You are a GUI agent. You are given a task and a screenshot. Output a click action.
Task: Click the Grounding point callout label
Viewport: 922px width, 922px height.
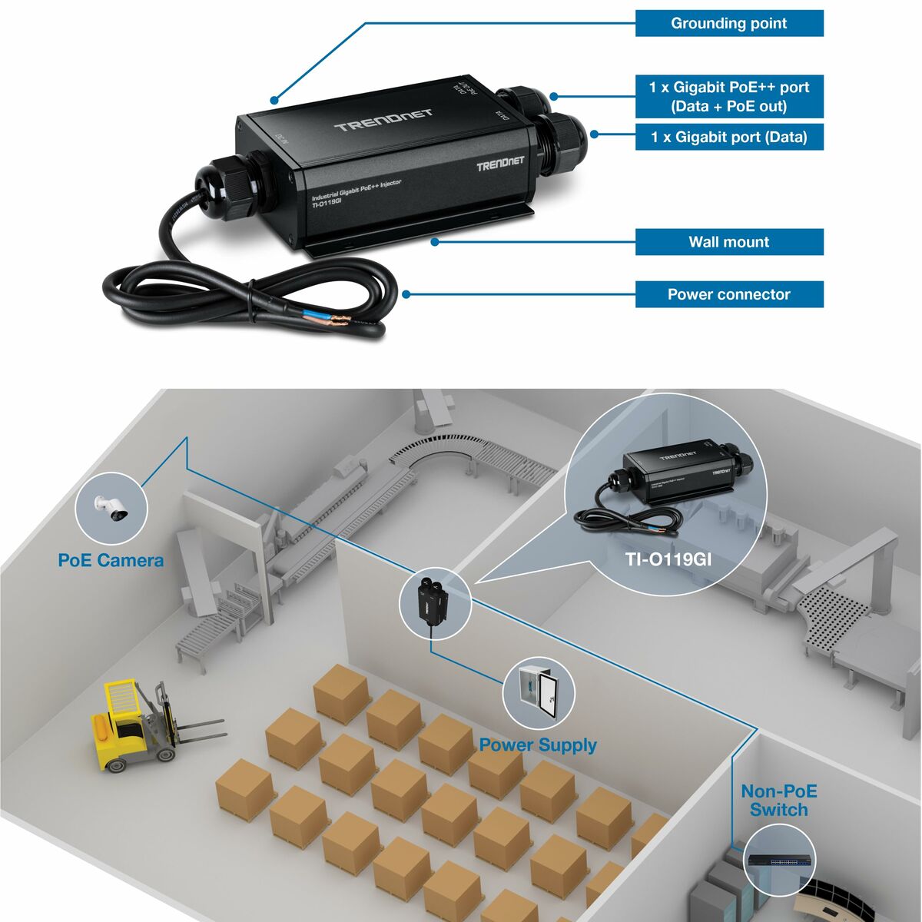pyautogui.click(x=728, y=23)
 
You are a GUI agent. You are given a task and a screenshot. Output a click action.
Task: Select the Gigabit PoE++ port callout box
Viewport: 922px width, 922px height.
pyautogui.click(x=728, y=96)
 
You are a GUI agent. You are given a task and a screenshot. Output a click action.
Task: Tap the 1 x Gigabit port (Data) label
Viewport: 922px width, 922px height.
pyautogui.click(x=728, y=138)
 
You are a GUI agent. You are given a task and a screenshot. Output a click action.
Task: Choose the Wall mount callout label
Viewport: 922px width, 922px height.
pyautogui.click(x=728, y=242)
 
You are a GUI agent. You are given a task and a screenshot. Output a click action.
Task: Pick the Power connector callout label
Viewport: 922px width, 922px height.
pyautogui.click(x=728, y=294)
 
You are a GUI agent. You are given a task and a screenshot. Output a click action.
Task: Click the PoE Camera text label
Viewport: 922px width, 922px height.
pyautogui.click(x=111, y=560)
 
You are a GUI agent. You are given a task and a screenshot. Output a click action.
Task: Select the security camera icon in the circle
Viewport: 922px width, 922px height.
pyautogui.click(x=111, y=508)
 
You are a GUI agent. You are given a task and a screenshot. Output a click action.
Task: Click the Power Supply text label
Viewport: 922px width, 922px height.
pyautogui.click(x=537, y=745)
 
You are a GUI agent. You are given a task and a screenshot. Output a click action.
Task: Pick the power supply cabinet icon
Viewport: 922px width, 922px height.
pyautogui.click(x=538, y=691)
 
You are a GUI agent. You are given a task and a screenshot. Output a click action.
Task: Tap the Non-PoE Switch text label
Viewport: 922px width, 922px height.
pyautogui.click(x=778, y=801)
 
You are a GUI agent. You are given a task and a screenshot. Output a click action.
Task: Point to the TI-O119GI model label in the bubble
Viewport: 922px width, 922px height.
pyautogui.click(x=668, y=559)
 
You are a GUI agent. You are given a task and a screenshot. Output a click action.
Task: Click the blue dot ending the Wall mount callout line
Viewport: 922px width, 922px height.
pyautogui.click(x=435, y=242)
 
